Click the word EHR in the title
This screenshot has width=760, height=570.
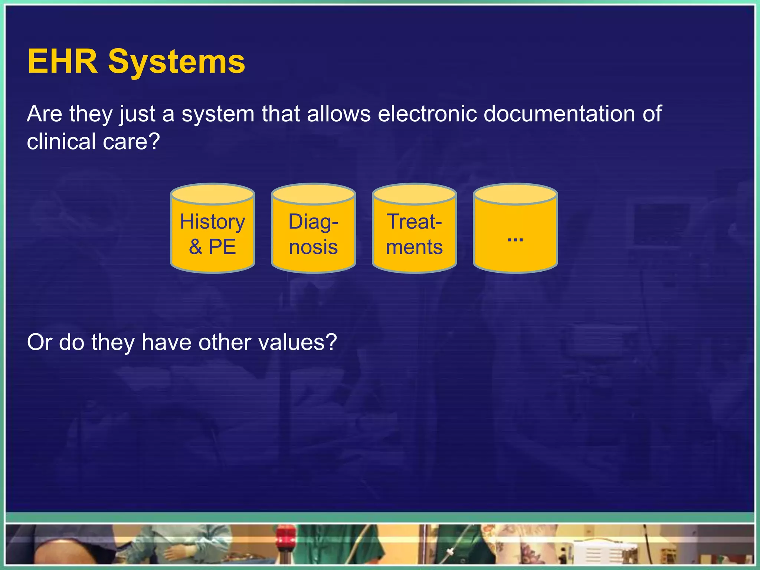(62, 62)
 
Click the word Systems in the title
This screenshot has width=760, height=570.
(177, 62)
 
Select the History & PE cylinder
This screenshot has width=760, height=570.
(212, 234)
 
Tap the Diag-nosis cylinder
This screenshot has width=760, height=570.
(313, 234)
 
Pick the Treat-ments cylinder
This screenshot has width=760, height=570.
(414, 234)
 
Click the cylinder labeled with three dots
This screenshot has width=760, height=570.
(515, 234)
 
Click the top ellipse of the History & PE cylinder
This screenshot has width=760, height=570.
(212, 194)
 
